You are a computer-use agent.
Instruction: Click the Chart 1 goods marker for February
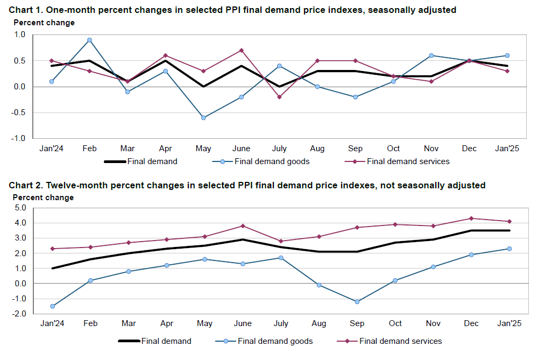pos(89,40)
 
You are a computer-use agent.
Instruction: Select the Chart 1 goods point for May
pos(203,117)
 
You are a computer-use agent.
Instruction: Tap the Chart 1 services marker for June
pos(242,50)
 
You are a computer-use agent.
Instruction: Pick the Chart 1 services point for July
pos(279,97)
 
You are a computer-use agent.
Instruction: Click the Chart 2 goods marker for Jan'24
pos(52,306)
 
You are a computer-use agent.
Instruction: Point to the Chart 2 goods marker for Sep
pos(357,301)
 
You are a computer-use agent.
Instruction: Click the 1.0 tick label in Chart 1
pos(20,35)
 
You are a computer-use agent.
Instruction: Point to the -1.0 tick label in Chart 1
pos(19,138)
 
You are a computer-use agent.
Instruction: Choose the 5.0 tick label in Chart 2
pos(20,208)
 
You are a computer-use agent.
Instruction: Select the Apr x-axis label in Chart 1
pos(166,149)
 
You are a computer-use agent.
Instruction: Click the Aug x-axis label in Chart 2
pos(318,323)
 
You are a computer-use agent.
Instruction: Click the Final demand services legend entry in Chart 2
pos(400,341)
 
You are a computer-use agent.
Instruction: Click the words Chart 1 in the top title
pos(25,9)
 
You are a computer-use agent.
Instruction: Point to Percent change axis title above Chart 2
pos(43,197)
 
